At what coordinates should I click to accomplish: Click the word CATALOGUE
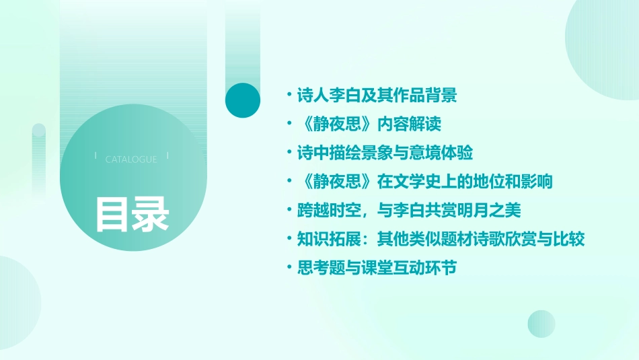(x=131, y=159)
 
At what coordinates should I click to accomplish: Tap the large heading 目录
(x=131, y=215)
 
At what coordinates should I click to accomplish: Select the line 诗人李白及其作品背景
(x=377, y=96)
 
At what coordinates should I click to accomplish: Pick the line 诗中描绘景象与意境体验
(x=385, y=153)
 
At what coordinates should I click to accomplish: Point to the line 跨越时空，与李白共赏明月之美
(x=409, y=211)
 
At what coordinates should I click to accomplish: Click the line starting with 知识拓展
(x=441, y=239)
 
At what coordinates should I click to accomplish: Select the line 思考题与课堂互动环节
(x=377, y=268)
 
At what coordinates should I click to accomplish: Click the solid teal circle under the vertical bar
(x=242, y=100)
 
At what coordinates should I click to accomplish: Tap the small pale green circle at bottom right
(x=541, y=324)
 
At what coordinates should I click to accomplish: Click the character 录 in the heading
(x=151, y=215)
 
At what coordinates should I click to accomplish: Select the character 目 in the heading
(x=112, y=215)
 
